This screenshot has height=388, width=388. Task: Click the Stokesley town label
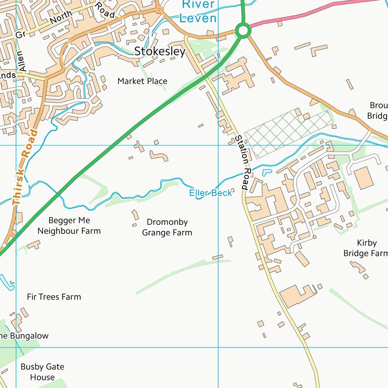coord(160,52)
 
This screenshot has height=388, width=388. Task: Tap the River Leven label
coord(199,12)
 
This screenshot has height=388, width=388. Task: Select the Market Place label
coord(142,81)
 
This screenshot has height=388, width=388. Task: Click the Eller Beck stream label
coord(210,192)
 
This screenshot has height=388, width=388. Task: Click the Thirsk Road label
coord(25,167)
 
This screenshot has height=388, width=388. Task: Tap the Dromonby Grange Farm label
coord(167,227)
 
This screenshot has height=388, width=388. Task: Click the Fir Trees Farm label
coord(54,297)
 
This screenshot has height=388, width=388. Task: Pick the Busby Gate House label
coord(42,372)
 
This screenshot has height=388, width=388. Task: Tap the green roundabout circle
coord(243,31)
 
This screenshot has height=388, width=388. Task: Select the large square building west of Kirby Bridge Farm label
coord(363,178)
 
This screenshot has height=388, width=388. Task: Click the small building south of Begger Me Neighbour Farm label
coord(34,245)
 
